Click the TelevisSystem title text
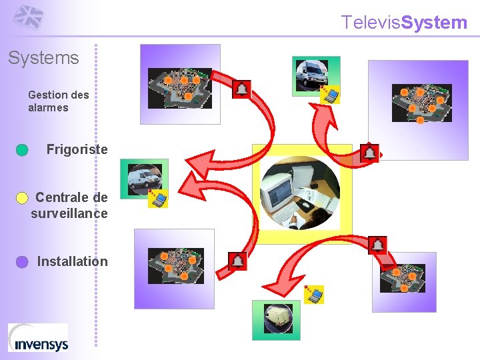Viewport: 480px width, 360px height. [405, 23]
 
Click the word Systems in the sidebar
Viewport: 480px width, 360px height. [43, 58]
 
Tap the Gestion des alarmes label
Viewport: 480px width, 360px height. [58, 101]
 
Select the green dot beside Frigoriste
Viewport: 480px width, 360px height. [22, 150]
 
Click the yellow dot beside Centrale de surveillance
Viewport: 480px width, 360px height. [22, 197]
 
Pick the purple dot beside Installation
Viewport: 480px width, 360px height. [22, 262]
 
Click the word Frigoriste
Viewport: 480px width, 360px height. [77, 149]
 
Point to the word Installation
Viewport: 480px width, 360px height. [72, 261]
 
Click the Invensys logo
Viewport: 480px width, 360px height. [38, 337]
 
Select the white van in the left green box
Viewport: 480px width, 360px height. [145, 177]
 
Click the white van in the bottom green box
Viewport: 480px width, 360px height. [276, 319]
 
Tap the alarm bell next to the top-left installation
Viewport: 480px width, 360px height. [241, 89]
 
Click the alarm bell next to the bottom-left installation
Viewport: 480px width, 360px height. [238, 261]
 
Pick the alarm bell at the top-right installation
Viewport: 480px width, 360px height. [369, 153]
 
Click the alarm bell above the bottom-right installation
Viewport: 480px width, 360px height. [377, 245]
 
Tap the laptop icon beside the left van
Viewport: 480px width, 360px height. [159, 199]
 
